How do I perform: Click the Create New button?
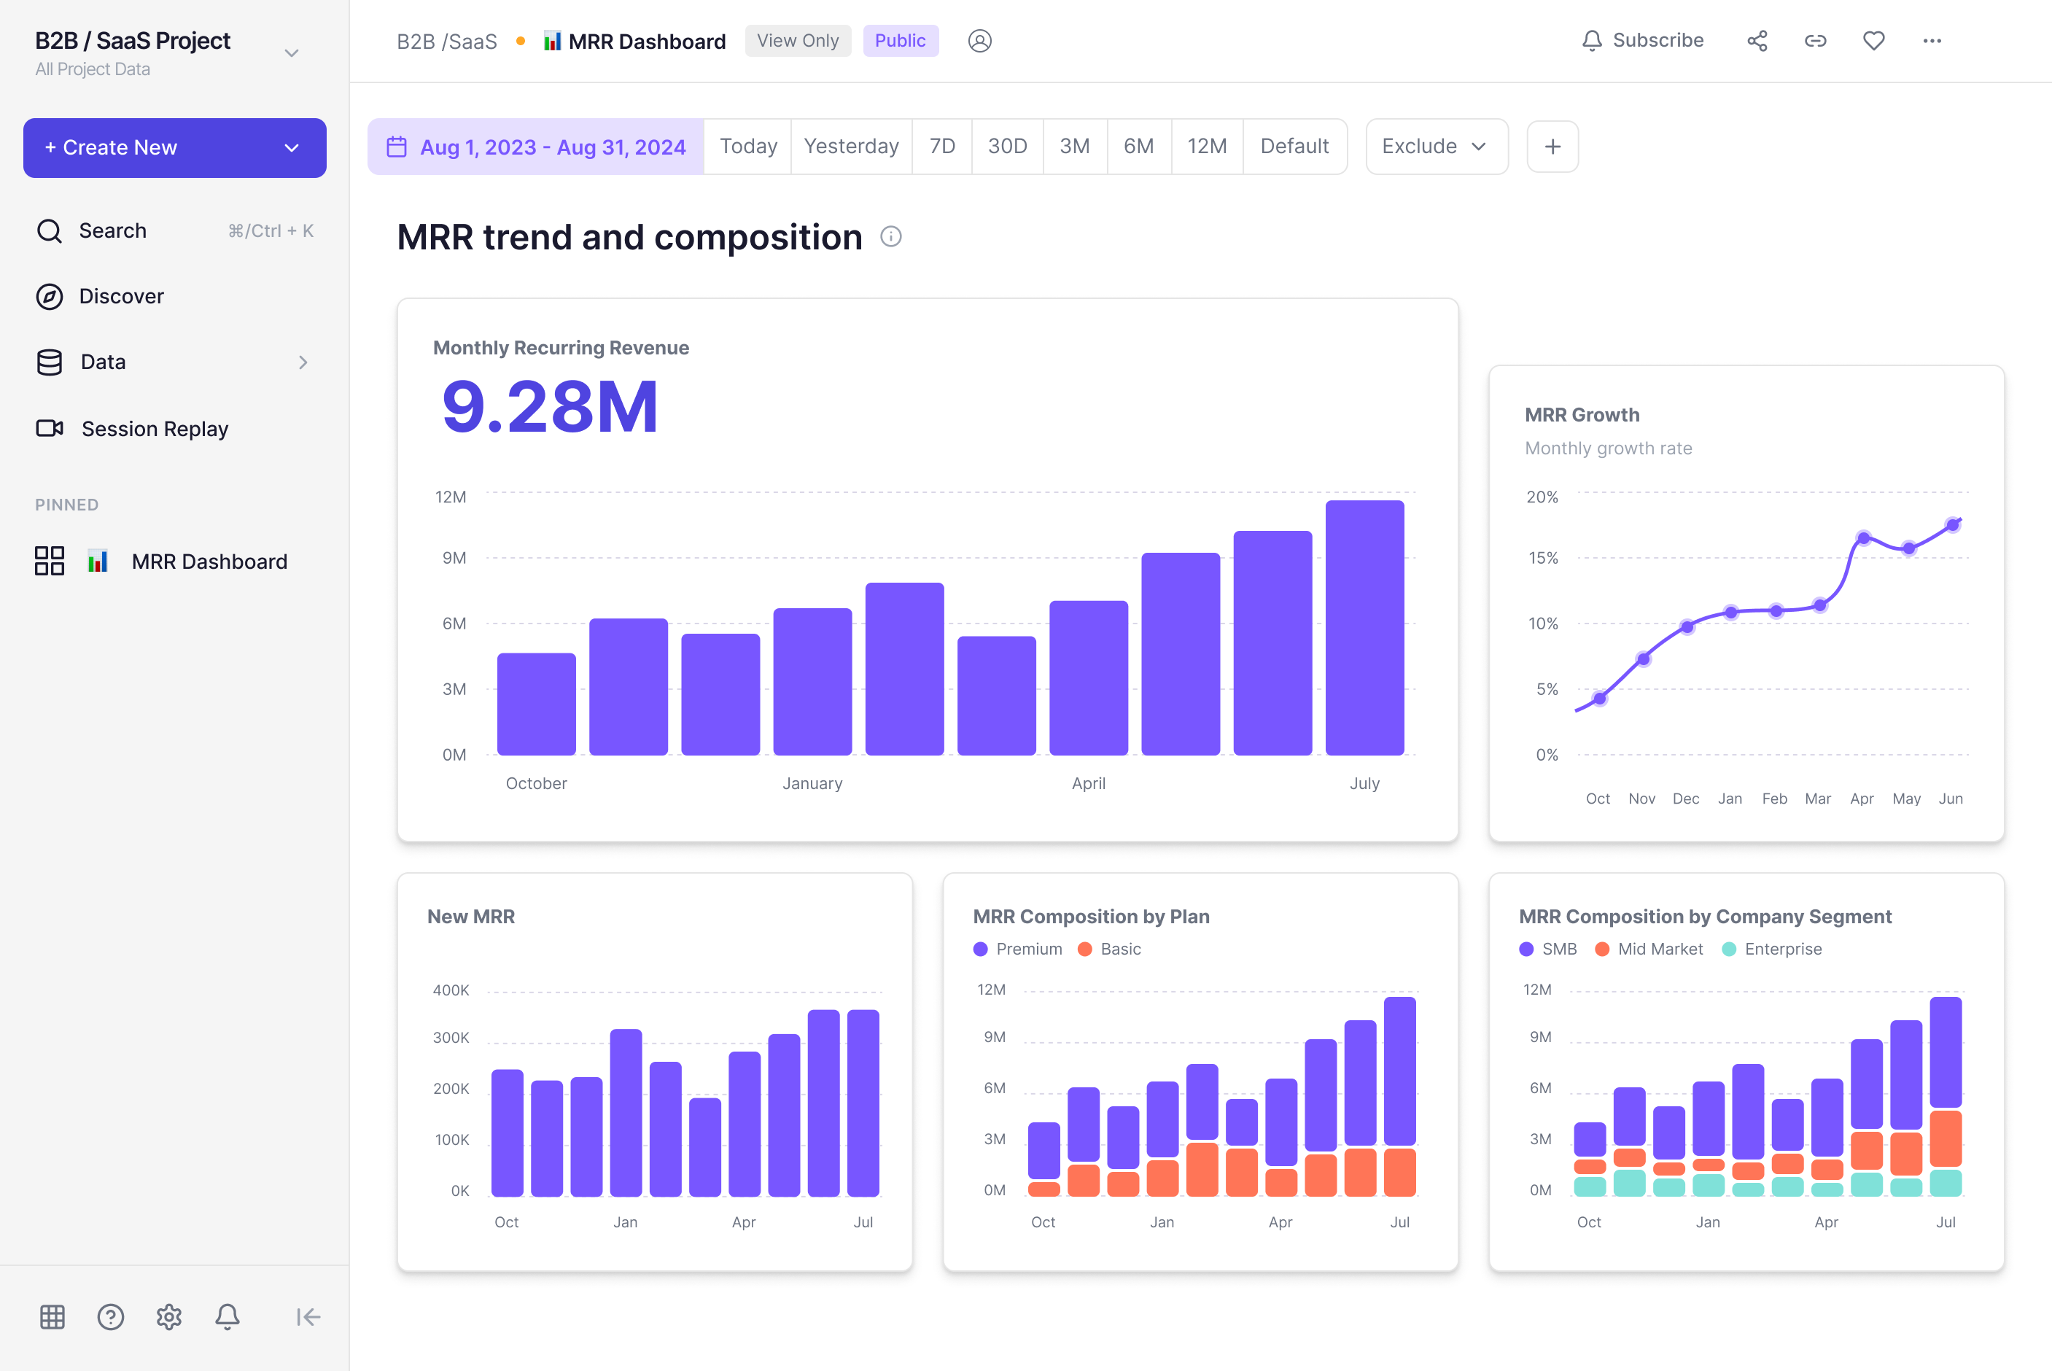[174, 148]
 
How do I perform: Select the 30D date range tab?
[1006, 146]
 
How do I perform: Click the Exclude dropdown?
[1436, 146]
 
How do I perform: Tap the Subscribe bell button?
[1642, 40]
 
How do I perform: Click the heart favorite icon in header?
[1873, 40]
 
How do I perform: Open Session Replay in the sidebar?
[154, 429]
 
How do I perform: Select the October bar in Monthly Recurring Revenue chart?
[536, 704]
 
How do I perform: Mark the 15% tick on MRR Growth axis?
[1543, 558]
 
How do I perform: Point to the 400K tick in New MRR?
[451, 990]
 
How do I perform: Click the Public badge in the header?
[900, 40]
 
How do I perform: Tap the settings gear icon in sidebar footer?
[168, 1317]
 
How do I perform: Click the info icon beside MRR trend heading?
[891, 236]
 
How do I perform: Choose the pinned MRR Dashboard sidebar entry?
[209, 562]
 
